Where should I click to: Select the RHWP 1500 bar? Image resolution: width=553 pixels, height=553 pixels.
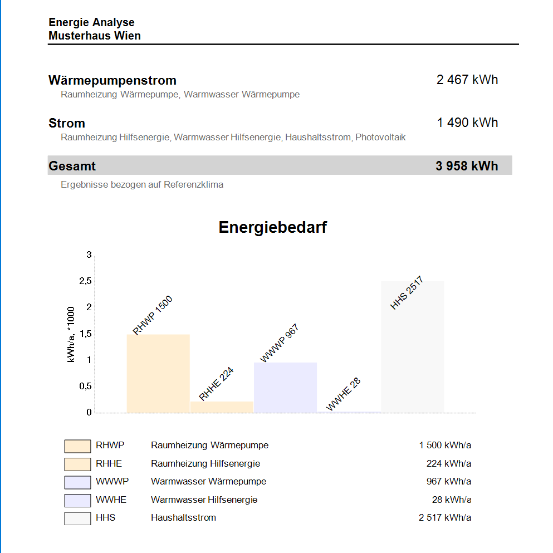tap(158, 373)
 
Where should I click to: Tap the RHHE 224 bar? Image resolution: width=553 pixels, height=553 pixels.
tap(222, 407)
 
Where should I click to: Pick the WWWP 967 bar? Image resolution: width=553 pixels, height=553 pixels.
tap(285, 387)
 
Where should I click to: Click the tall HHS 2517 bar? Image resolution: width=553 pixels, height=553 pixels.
tap(412, 346)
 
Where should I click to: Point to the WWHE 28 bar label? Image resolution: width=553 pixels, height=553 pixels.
tap(344, 394)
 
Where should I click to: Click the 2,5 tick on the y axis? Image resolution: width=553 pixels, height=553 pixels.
tap(85, 281)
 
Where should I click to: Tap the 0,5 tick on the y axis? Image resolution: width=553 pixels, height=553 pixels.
tap(85, 386)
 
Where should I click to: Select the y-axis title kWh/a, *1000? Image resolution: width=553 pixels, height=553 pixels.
tap(71, 334)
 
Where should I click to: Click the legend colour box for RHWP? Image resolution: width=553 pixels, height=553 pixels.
tap(77, 446)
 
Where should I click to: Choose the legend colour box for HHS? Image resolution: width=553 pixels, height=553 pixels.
tap(77, 518)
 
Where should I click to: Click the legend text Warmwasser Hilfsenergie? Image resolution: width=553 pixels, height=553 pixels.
tap(204, 500)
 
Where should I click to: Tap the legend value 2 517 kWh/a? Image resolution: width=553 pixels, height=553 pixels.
tap(445, 517)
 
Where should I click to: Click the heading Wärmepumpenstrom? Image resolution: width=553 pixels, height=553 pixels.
tap(112, 80)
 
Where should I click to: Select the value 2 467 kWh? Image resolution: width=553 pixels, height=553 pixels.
tap(467, 80)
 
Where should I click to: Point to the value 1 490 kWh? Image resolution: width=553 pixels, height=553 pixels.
tap(467, 123)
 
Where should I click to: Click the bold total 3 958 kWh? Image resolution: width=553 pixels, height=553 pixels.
tap(467, 166)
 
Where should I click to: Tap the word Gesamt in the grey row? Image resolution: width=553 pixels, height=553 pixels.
tap(72, 166)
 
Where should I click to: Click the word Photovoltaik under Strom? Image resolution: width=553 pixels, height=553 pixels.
tap(380, 137)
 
